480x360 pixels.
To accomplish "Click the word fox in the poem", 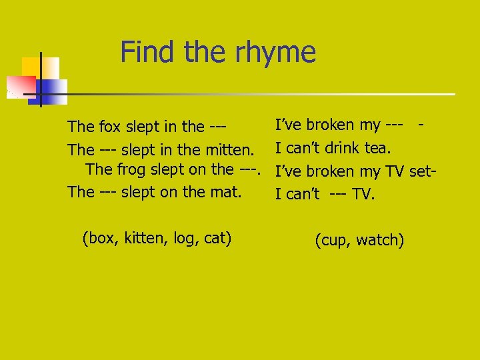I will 110,126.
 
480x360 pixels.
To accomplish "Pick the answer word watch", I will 380,240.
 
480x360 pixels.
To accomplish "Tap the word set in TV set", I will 421,171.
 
